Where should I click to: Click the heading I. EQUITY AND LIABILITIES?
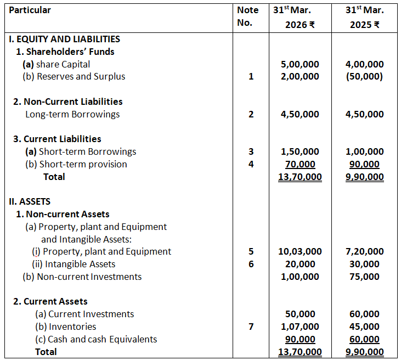[x=64, y=39]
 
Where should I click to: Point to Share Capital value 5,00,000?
[x=299, y=64]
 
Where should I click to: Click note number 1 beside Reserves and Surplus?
[x=251, y=77]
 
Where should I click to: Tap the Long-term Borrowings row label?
[x=72, y=114]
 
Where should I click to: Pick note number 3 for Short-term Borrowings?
[x=251, y=151]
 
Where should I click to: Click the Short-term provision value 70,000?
[x=301, y=164]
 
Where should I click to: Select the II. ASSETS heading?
[x=30, y=201]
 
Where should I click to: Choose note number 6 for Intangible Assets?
[x=251, y=264]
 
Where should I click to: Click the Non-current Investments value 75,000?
[x=364, y=277]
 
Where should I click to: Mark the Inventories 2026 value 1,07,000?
[x=299, y=327]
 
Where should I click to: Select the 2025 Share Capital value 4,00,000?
[x=364, y=64]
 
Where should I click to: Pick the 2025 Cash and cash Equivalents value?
[x=364, y=339]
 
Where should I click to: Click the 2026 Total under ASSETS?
[x=299, y=352]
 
